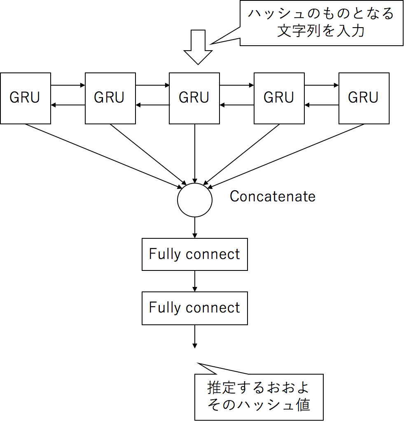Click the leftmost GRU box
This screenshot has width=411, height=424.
(26, 98)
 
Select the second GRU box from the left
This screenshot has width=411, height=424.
(110, 98)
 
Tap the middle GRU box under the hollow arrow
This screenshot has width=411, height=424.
(194, 98)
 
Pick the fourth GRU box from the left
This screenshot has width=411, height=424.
(279, 98)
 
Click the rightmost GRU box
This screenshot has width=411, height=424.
(364, 98)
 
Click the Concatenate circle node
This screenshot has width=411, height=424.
(195, 200)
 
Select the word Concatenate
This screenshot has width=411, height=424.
(272, 196)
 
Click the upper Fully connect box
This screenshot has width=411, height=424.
(195, 254)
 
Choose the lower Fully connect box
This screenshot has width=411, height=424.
(195, 308)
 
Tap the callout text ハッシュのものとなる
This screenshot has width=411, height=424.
(320, 14)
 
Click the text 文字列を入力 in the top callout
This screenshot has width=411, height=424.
(320, 31)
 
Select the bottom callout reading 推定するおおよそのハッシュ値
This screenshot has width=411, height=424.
(259, 396)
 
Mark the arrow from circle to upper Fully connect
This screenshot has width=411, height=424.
(195, 228)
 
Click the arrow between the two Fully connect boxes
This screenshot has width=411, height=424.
(195, 281)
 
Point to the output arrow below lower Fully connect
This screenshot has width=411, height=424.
(195, 336)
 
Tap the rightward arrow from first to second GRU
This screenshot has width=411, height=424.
(68, 86)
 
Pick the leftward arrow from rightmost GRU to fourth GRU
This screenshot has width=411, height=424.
(322, 105)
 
